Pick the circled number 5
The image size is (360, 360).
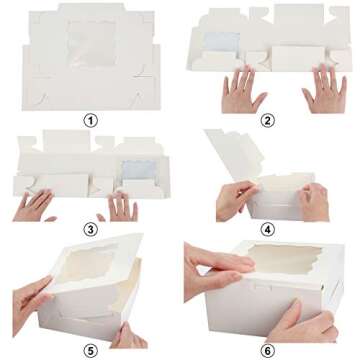coord(91,349)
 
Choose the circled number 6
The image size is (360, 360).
coord(269,349)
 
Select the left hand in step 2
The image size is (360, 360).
coord(243,93)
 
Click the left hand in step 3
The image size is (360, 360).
coord(36,205)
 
